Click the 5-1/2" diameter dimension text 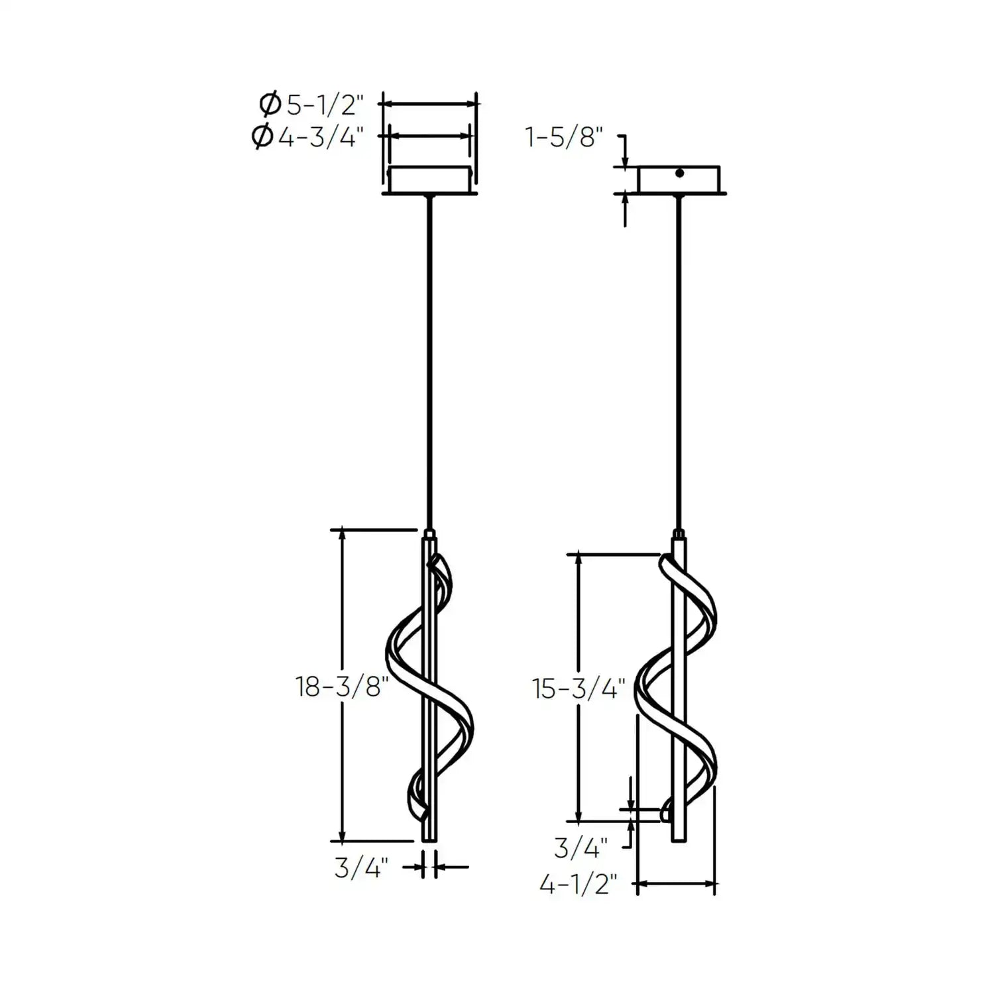click(x=325, y=104)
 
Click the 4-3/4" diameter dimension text click(x=321, y=137)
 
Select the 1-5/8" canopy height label click(x=564, y=138)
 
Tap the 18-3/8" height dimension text click(x=341, y=687)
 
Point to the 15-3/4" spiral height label click(x=579, y=689)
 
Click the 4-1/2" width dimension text click(x=579, y=884)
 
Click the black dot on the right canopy click(x=679, y=174)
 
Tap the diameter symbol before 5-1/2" click(x=270, y=104)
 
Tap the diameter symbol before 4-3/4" click(x=263, y=137)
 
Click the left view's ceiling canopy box click(x=430, y=180)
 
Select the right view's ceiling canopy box click(x=679, y=180)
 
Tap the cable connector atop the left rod click(x=430, y=532)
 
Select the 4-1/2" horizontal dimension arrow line click(x=676, y=883)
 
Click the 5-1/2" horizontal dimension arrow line click(x=430, y=104)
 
